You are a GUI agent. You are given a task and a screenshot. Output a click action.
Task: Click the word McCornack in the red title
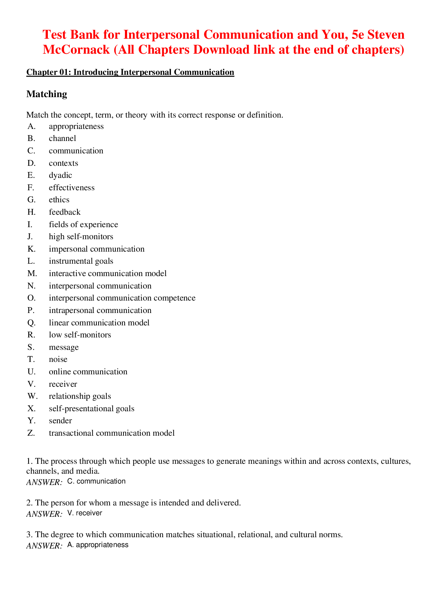[76, 50]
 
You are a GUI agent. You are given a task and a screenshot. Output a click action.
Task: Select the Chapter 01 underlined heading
[130, 72]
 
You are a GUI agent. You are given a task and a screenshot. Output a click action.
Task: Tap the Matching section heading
[47, 94]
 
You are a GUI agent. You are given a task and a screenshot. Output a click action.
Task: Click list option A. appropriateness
[76, 126]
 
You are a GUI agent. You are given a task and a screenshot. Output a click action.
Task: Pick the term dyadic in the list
[60, 175]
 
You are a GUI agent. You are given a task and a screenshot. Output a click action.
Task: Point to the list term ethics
[59, 200]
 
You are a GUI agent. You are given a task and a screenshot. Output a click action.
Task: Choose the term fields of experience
[83, 225]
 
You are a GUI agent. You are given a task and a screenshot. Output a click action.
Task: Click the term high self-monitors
[81, 237]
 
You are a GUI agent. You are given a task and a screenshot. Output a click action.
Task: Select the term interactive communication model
[107, 274]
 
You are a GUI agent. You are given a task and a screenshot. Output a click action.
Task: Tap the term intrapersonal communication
[100, 310]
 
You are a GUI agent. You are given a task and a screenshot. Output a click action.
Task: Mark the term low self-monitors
[80, 335]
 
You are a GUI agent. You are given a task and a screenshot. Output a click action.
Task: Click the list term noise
[58, 359]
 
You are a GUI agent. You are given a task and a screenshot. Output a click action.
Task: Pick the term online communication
[88, 372]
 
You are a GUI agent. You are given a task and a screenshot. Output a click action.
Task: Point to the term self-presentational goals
[91, 409]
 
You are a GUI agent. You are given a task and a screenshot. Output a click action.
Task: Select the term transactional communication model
[111, 433]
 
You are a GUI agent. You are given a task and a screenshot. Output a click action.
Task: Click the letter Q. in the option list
[31, 323]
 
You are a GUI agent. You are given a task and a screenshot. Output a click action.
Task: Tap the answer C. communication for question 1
[96, 481]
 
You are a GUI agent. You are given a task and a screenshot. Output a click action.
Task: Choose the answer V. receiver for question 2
[85, 513]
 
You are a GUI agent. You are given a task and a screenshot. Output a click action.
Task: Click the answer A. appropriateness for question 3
[98, 545]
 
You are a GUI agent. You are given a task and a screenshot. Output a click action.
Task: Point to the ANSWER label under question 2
[44, 514]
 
